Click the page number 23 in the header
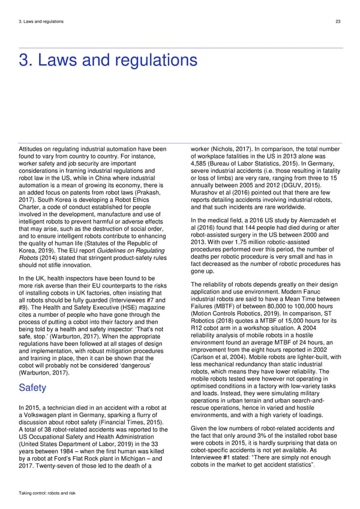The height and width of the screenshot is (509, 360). (x=338, y=22)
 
